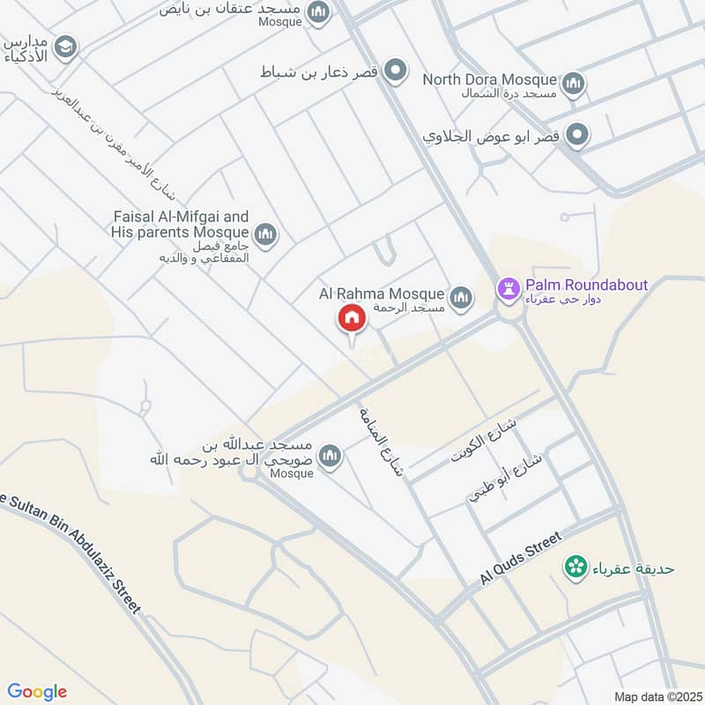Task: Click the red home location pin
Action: [x=351, y=319]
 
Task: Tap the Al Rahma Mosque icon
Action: [x=460, y=299]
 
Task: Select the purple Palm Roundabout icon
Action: [x=508, y=287]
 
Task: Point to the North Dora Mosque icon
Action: [x=574, y=84]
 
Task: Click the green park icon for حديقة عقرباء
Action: [x=576, y=568]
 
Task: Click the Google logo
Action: [x=37, y=692]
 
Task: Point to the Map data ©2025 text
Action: [x=657, y=696]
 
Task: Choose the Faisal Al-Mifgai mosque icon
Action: [x=265, y=234]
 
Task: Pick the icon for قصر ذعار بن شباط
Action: [x=397, y=70]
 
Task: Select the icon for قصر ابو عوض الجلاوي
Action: [x=577, y=135]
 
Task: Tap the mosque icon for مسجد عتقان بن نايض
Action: [x=319, y=11]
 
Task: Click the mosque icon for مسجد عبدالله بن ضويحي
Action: [x=330, y=456]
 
